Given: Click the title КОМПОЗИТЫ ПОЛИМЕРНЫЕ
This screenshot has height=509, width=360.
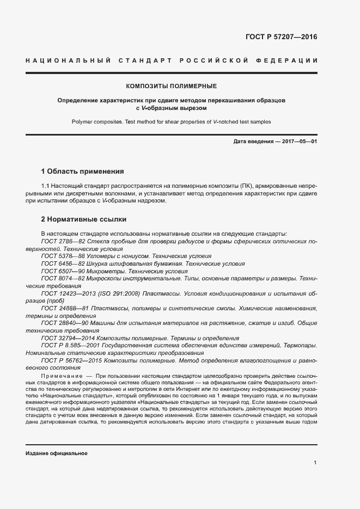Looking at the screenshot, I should coord(172,86).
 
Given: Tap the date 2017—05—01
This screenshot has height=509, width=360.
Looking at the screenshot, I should coord(298,142).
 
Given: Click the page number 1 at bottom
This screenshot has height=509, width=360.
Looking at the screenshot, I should coord(315,462).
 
